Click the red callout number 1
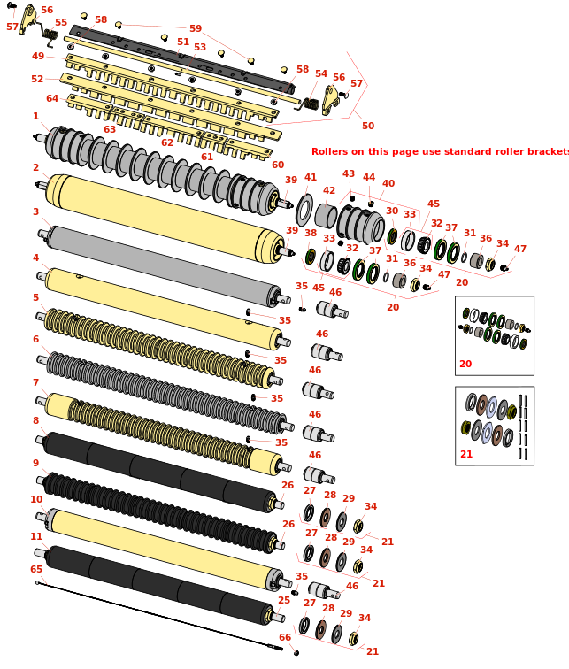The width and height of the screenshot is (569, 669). [x=35, y=116]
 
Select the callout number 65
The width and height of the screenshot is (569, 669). [x=36, y=569]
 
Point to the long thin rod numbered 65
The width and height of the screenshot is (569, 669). [x=159, y=615]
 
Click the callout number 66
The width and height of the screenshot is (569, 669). [x=285, y=637]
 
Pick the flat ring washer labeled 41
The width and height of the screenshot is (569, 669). [x=304, y=211]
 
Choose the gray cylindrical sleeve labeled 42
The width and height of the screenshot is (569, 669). [x=326, y=215]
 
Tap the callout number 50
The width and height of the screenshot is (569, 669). [x=368, y=126]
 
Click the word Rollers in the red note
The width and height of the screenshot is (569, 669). [x=329, y=151]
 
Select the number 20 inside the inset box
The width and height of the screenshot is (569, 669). [x=465, y=364]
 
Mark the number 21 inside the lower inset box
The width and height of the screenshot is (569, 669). [x=466, y=455]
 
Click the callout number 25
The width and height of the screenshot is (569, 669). [x=283, y=600]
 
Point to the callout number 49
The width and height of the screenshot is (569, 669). [x=37, y=56]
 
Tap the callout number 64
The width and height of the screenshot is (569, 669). [x=52, y=98]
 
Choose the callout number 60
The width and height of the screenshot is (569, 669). [x=278, y=165]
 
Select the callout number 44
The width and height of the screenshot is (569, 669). [x=369, y=177]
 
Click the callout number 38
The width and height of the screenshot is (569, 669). [x=310, y=233]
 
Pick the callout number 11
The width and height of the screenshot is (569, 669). [x=36, y=536]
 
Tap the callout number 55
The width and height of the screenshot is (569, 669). [x=60, y=23]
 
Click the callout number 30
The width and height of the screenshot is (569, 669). [x=391, y=211]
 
